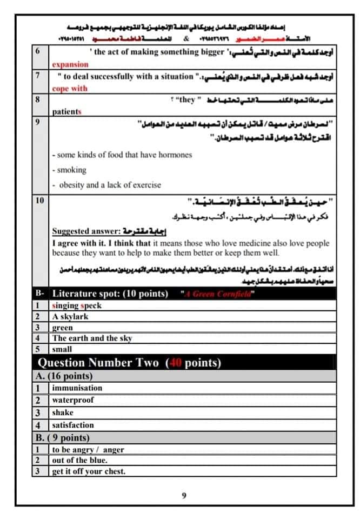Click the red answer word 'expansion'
[70, 65]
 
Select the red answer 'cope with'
[70, 88]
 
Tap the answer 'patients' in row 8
[67, 111]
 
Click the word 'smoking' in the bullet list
[72, 170]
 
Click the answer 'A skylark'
[70, 317]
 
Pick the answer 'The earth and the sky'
[92, 338]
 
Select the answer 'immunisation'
[77, 388]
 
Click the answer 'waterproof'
[73, 400]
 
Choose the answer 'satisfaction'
[73, 425]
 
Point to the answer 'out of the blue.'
[79, 460]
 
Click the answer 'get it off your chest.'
[89, 471]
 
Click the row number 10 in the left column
[39, 201]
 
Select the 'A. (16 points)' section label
[63, 376]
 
